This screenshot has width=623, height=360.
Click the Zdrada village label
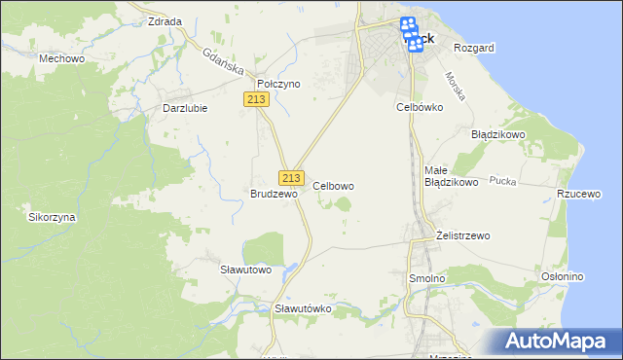(x=164, y=20)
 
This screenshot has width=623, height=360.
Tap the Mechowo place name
(x=58, y=58)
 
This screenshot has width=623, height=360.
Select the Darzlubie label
(x=185, y=108)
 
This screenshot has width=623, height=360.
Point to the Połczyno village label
(x=278, y=84)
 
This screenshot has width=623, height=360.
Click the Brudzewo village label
(x=274, y=194)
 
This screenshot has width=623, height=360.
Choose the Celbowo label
(x=333, y=185)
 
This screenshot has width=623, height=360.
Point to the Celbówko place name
(x=420, y=106)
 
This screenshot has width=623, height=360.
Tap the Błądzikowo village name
(x=498, y=134)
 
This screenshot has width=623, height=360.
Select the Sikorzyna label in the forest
(x=53, y=218)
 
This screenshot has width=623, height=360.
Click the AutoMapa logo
(x=560, y=341)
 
